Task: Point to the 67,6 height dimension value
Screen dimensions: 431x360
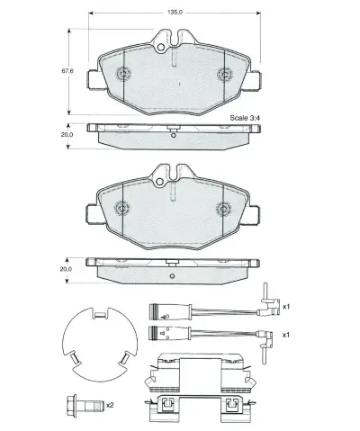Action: pyautogui.click(x=66, y=70)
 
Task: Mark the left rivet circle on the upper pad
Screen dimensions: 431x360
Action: pyautogui.click(x=122, y=73)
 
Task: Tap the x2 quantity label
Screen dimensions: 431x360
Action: pyautogui.click(x=109, y=406)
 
